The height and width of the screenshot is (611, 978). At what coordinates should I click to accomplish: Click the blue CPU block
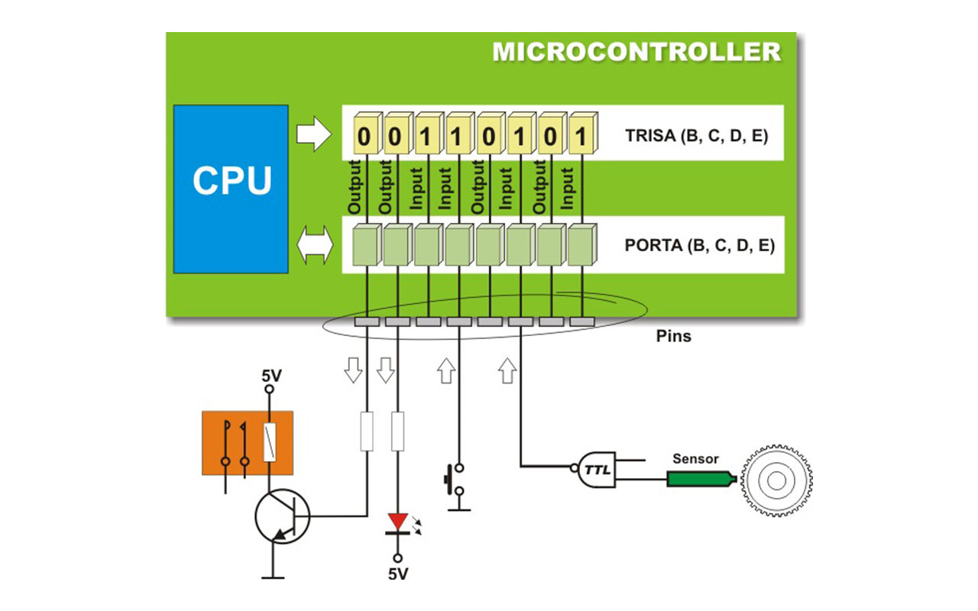click(231, 189)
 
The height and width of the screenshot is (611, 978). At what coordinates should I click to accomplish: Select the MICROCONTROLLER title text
click(636, 52)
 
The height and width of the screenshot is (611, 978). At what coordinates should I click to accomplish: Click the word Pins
click(673, 336)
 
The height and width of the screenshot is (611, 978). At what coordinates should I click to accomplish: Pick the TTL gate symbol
click(596, 469)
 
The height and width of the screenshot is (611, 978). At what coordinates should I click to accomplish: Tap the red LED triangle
click(398, 521)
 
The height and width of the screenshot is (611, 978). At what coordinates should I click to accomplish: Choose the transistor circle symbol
click(282, 517)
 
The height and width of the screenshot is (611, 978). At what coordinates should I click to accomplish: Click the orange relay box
click(248, 443)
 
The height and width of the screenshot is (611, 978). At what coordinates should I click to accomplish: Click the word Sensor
click(695, 459)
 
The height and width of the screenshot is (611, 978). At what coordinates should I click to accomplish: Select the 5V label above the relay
click(271, 376)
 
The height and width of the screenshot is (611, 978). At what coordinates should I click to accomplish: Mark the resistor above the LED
click(397, 431)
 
